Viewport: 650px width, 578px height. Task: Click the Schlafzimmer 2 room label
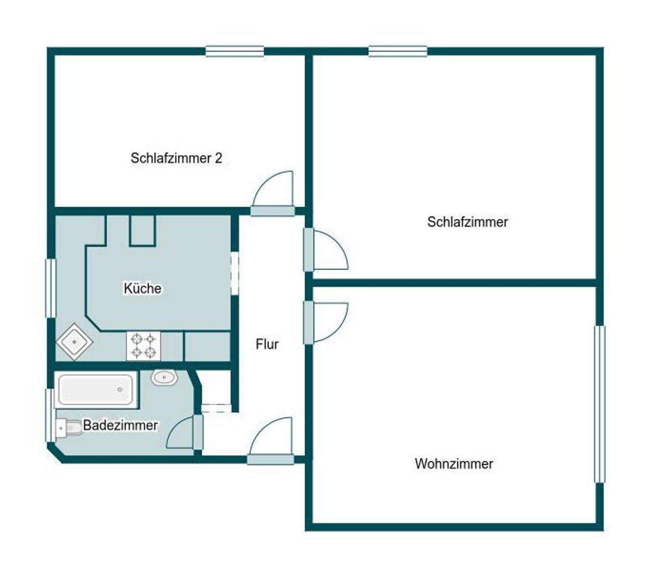point(176,158)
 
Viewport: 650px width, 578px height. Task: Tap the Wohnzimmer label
point(454,464)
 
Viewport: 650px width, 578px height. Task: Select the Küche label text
point(143,289)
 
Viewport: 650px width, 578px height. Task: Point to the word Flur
point(267,344)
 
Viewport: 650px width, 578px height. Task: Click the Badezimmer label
point(120,425)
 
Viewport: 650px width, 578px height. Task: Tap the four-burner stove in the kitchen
point(143,346)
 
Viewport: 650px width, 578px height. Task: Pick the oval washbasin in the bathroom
point(164,377)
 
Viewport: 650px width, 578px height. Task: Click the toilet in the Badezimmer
point(68,428)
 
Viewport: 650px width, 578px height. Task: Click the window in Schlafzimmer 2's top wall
point(234,51)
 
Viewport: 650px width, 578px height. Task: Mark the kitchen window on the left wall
point(51,288)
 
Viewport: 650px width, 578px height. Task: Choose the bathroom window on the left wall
point(50,415)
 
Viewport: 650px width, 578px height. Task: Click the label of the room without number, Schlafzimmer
point(468,222)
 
